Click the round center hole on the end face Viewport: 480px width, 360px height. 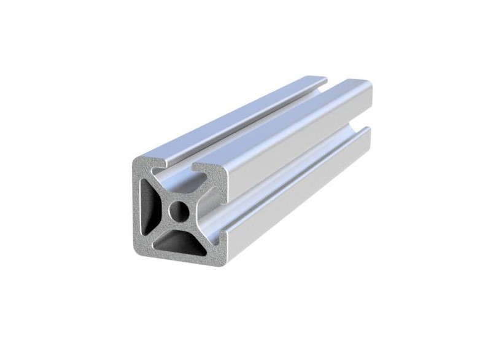tap(180, 212)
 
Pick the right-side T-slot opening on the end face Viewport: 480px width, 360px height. tap(220, 213)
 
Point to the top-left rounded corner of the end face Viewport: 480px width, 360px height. tap(136, 162)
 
